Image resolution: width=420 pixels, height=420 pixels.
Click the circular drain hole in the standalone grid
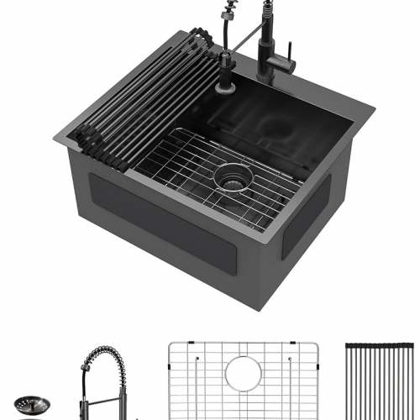(244, 374)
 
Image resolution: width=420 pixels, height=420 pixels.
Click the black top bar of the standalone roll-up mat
(379, 345)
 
